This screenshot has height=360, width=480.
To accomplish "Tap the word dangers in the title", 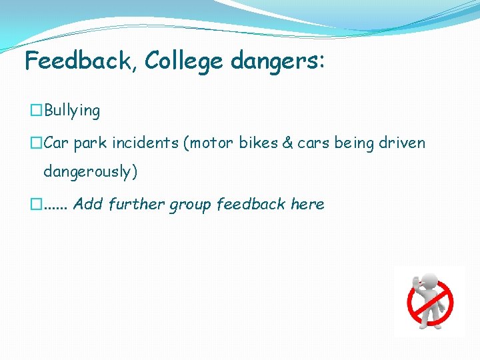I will click(275, 61).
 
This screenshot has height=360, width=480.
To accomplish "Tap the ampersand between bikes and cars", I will click(287, 143).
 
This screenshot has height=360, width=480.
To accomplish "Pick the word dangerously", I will click(90, 171).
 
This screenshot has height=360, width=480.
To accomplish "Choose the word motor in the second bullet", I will click(217, 143).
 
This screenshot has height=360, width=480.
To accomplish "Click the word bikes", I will click(261, 143).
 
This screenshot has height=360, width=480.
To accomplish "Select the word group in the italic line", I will click(190, 205).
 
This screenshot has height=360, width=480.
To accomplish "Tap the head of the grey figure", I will click(429, 281).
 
